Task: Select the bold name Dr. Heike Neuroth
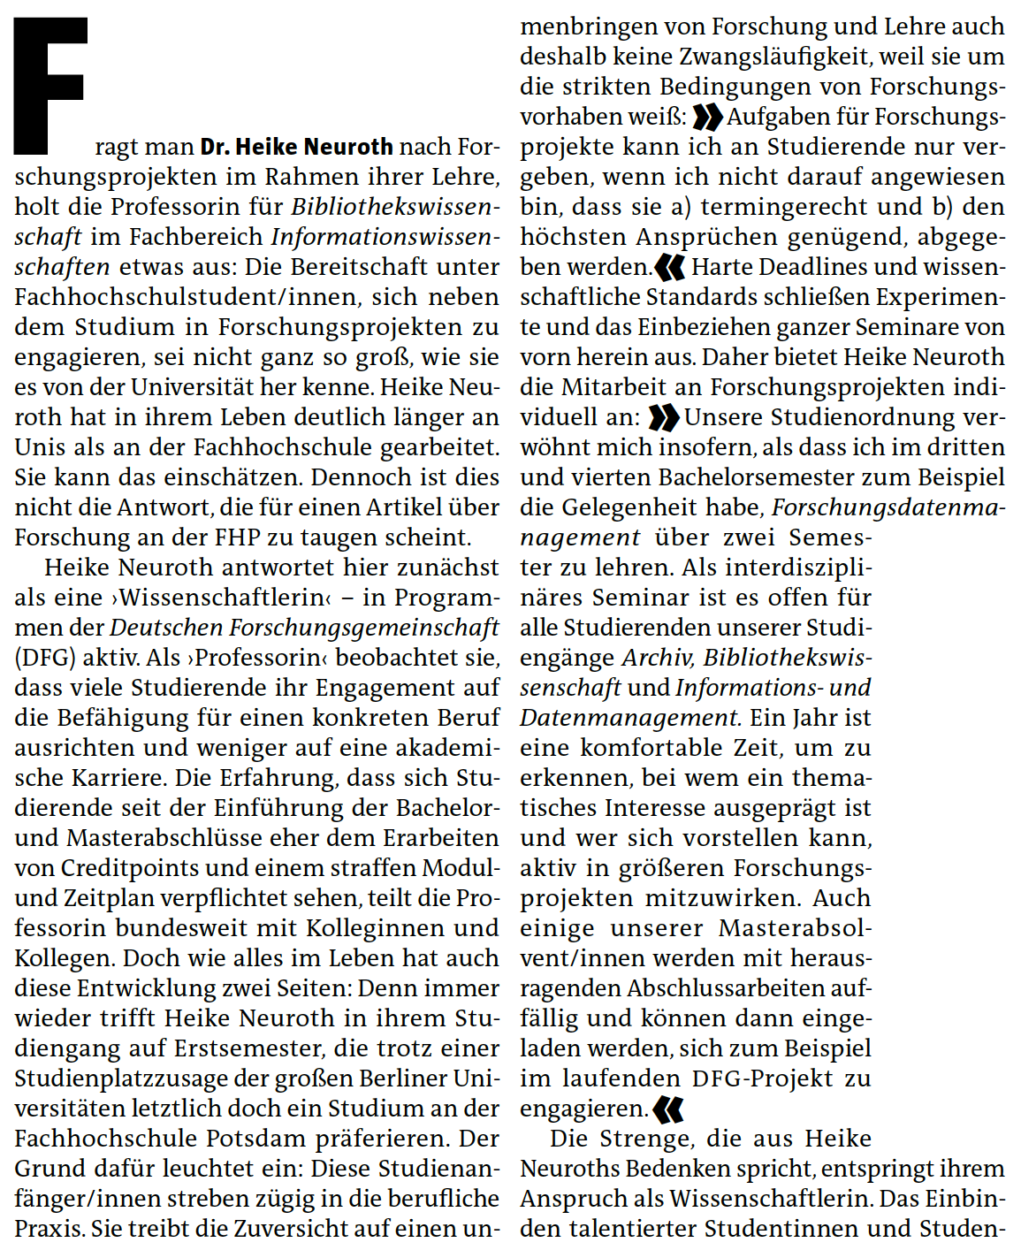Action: pos(296,147)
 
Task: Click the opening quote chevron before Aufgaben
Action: pos(708,117)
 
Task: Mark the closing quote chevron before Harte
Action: pos(669,267)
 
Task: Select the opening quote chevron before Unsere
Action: pos(664,417)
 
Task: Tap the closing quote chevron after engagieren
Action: pos(668,1109)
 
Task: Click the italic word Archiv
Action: pos(657,658)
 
